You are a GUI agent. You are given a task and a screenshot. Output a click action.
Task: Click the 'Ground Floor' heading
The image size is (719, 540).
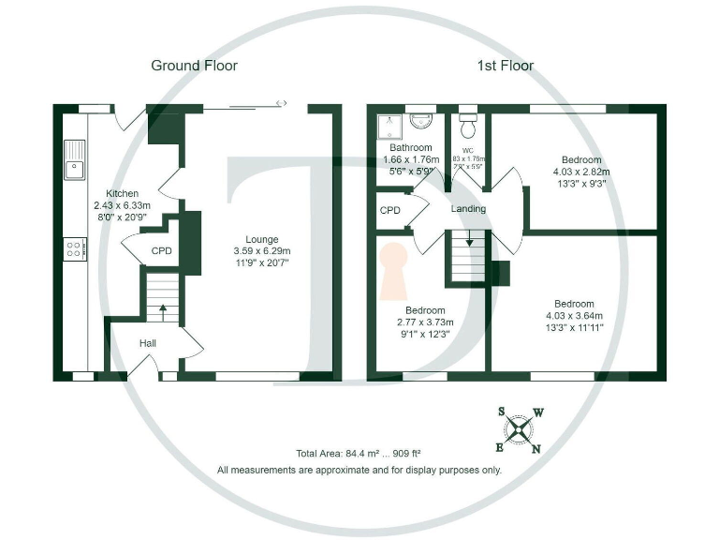[x=194, y=66]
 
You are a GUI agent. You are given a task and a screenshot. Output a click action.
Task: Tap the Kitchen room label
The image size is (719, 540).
[x=123, y=192]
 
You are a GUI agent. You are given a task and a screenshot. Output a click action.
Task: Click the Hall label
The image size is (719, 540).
[x=148, y=344]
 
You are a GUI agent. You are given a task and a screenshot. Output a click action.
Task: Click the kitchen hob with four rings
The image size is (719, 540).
[x=74, y=248]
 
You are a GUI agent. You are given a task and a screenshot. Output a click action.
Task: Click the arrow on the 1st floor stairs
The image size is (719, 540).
[x=469, y=242]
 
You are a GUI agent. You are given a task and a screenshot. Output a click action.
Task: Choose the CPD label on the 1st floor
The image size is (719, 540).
[x=390, y=210]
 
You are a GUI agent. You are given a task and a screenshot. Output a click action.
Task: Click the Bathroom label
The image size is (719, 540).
[x=411, y=148]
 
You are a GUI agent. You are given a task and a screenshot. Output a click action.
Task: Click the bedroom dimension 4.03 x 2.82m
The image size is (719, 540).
[x=580, y=172]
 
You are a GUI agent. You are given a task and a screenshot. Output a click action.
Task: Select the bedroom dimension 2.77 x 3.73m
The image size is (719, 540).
[x=425, y=322]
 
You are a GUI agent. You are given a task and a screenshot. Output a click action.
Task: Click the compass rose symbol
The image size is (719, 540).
[x=518, y=430]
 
